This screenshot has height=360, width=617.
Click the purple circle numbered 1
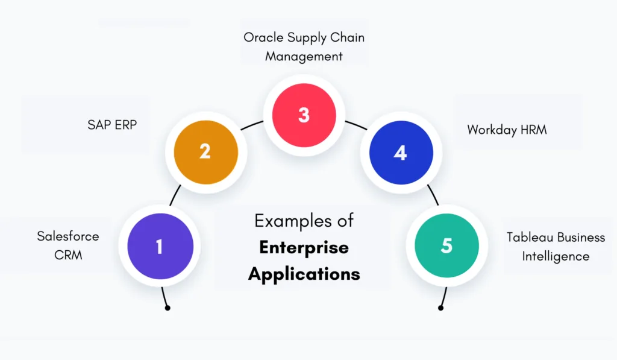[x=160, y=246]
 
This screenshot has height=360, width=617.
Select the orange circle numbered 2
[x=205, y=151]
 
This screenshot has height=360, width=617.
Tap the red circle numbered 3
[x=303, y=115]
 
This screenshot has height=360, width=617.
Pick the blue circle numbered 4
[x=401, y=153]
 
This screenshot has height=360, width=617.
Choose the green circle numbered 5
[x=446, y=245]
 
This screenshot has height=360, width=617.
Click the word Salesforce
[x=67, y=236]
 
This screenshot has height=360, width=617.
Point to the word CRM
[x=68, y=255]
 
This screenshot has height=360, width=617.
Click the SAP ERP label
[x=112, y=125]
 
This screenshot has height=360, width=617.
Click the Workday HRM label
[x=507, y=130]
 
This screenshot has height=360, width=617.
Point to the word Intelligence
[x=556, y=256]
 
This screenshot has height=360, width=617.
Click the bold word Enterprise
[x=304, y=247]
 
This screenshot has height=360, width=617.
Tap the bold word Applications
[x=304, y=273]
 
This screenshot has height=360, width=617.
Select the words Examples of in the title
[x=304, y=221]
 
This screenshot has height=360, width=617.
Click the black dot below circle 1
[x=168, y=308]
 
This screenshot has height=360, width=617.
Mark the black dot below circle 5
[x=440, y=308]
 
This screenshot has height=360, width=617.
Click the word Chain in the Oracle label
[x=348, y=37]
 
